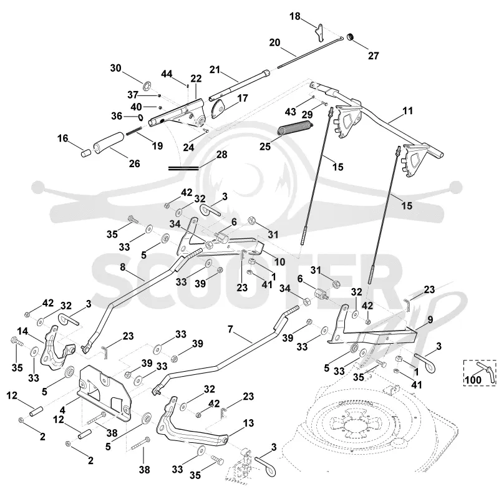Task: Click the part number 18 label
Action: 294,16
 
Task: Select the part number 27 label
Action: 373,56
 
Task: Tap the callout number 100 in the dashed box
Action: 473,380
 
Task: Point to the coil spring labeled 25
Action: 295,128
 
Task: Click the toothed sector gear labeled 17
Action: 218,109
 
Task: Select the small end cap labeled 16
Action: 85,152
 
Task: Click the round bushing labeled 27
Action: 351,37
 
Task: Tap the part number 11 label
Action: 408,111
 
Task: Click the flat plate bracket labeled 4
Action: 105,393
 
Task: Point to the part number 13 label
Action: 248,423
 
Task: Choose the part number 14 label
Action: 22,331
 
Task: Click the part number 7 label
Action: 230,329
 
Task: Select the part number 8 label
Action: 123,267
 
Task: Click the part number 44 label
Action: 167,74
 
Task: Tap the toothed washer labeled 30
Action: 147,85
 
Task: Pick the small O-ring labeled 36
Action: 140,117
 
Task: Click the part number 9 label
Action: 430,319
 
